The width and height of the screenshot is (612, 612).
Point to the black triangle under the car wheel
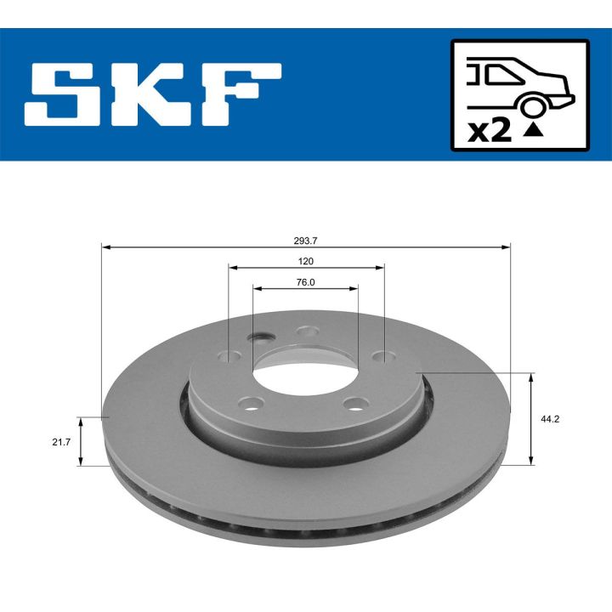coord(533,130)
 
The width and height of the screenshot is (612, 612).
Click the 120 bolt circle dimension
coord(306,262)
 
